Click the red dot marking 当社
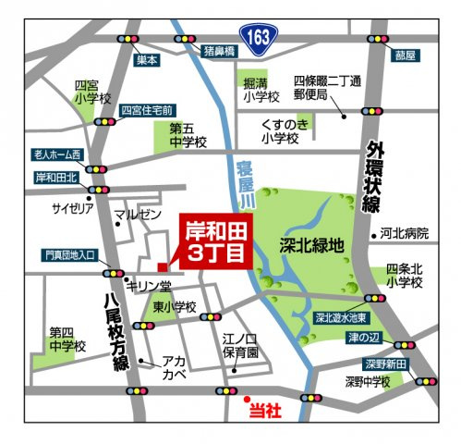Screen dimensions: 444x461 coord(246,401)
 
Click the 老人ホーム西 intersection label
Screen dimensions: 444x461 coord(57,154)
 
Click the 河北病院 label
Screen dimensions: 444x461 coord(404,234)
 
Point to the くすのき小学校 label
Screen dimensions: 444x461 coord(281,132)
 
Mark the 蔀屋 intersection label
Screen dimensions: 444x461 coord(405,55)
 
